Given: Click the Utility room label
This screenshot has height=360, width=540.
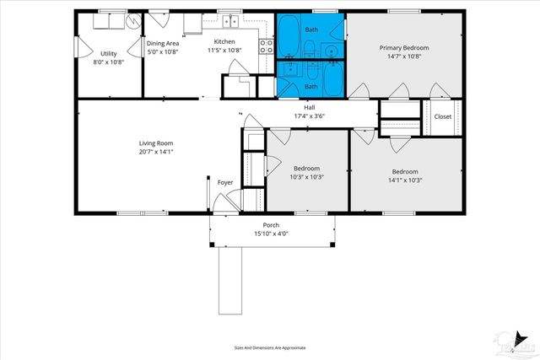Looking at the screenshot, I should pos(109,53).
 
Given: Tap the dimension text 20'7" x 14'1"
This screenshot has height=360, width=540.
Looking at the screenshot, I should pos(157,152).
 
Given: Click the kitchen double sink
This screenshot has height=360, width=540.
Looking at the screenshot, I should pos(229,20).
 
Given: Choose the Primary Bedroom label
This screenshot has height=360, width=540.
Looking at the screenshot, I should pos(406,48).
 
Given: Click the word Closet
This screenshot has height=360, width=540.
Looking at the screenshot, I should pos(443,116).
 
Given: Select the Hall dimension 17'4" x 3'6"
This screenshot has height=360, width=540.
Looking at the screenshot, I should pos(310,116).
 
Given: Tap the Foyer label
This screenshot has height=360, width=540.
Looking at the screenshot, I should pos(225,182).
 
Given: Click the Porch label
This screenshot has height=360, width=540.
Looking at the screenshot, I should pos(271,225).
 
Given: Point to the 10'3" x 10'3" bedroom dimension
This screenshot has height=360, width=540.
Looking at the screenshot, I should pos(284,178).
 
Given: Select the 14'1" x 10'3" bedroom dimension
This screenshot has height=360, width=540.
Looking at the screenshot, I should pos(405,180).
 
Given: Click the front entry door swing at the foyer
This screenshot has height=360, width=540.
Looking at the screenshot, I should pos(223,201).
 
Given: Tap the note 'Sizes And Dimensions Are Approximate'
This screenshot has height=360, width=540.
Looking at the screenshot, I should pos(269,347).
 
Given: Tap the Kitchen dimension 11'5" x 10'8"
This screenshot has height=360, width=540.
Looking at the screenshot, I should pos(224,51).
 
